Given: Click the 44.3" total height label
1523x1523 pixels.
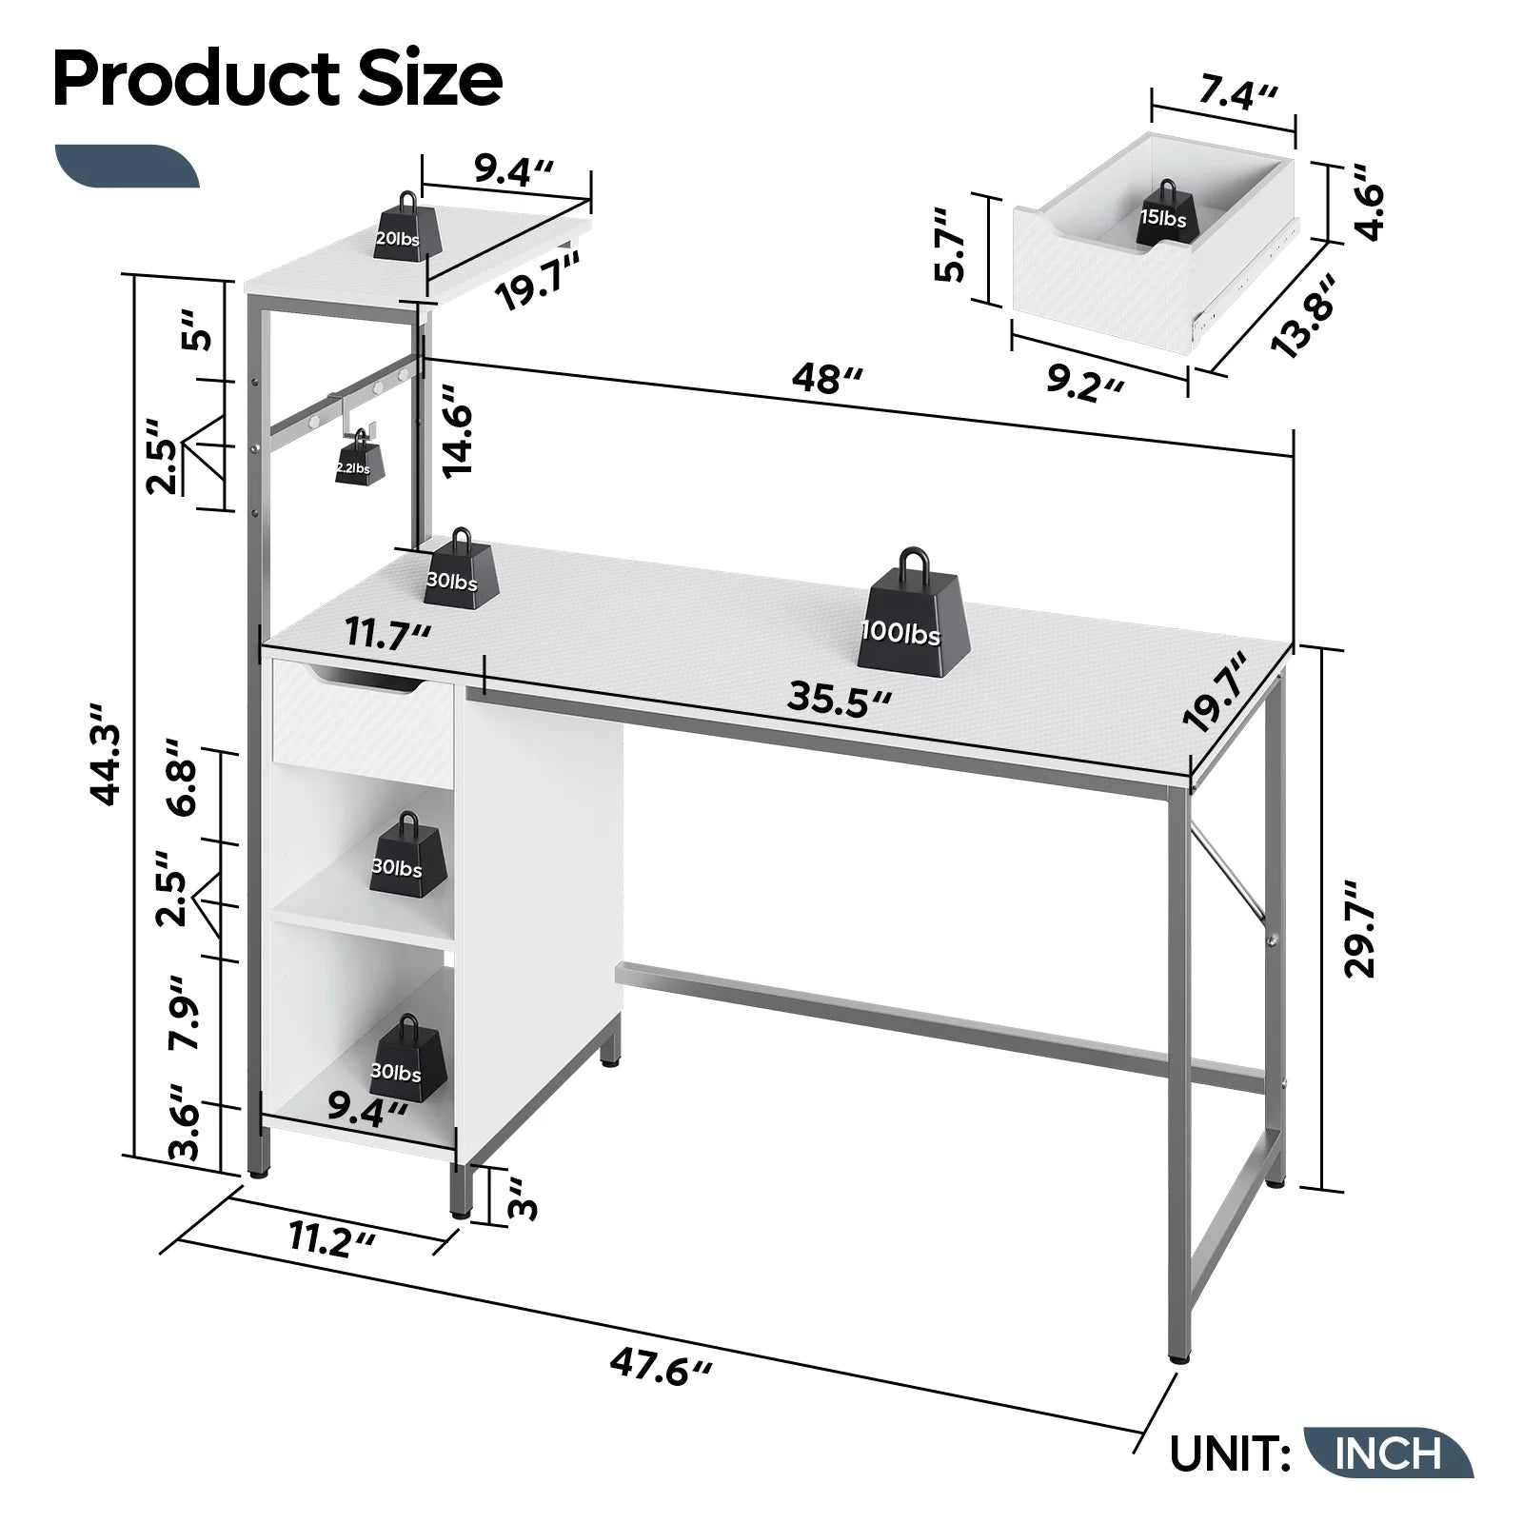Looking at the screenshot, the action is point(108,753).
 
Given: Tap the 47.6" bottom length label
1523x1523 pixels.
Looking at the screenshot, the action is point(661,1367).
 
